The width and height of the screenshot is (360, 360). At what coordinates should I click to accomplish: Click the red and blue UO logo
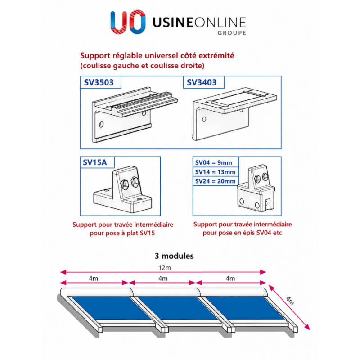[x=128, y=22]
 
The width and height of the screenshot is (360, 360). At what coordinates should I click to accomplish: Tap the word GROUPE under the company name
[x=232, y=33]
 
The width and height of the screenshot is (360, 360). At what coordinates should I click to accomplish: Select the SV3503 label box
[x=100, y=82]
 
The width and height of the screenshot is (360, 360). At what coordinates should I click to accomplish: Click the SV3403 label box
[x=204, y=82]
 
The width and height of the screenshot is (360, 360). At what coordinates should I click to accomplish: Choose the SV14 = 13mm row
[x=216, y=172]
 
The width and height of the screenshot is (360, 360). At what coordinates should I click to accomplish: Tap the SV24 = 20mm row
[x=216, y=181]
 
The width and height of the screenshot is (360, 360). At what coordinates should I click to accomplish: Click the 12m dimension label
[x=165, y=268]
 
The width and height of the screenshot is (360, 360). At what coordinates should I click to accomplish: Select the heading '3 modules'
[x=174, y=256]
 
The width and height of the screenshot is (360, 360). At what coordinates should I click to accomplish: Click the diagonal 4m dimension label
[x=290, y=300]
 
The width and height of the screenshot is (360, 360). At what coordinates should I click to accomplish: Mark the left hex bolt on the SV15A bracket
[x=125, y=184]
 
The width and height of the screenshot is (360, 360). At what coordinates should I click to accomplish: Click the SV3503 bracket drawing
[x=135, y=114]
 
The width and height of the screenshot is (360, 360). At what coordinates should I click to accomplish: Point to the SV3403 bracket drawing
[x=234, y=113]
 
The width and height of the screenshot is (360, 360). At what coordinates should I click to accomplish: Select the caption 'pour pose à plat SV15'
[x=122, y=233]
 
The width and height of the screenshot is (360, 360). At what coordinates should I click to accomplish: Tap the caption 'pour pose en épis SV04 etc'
[x=242, y=233]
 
